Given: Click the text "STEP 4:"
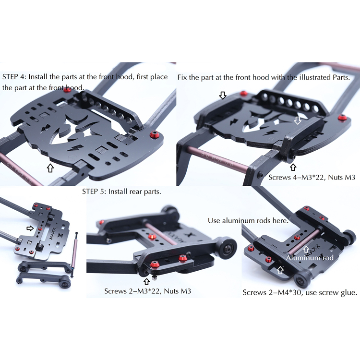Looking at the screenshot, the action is pyautogui.click(x=14, y=77).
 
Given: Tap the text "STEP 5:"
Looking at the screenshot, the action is pyautogui.click(x=94, y=192).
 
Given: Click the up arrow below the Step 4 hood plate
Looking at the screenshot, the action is pyautogui.click(x=50, y=168).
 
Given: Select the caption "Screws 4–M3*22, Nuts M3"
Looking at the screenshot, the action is pyautogui.click(x=312, y=177).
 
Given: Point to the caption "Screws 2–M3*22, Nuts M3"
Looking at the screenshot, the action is pyautogui.click(x=148, y=291).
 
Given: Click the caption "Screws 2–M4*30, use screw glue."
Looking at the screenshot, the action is pyautogui.click(x=300, y=292).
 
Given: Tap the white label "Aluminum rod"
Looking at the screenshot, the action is pyautogui.click(x=310, y=258).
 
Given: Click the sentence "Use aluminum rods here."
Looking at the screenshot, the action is pyautogui.click(x=248, y=221).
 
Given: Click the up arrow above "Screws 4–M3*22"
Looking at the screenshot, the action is pyautogui.click(x=293, y=167).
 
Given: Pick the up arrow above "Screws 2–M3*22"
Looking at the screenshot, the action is pyautogui.click(x=146, y=281).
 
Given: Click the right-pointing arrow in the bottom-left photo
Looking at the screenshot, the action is pyautogui.click(x=30, y=228).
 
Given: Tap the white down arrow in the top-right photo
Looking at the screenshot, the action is pyautogui.click(x=298, y=120).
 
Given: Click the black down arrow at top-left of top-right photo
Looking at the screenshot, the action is pyautogui.click(x=222, y=95).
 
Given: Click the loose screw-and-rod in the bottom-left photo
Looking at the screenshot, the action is pyautogui.click(x=74, y=254).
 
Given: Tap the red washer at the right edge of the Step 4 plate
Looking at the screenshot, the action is pyautogui.click(x=153, y=134).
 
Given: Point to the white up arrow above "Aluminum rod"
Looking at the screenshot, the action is pyautogui.click(x=306, y=250).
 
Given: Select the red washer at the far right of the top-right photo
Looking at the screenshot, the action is pyautogui.click(x=342, y=118).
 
